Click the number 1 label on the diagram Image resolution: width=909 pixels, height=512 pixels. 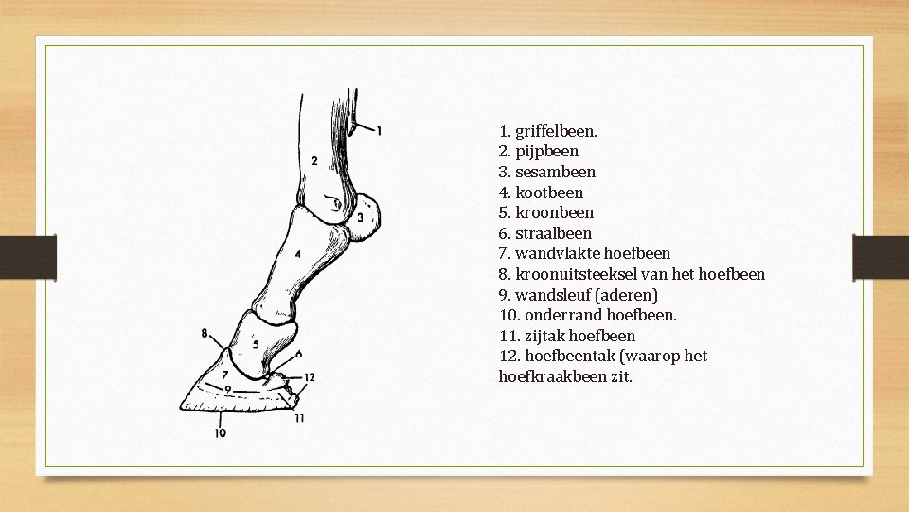pyautogui.click(x=379, y=131)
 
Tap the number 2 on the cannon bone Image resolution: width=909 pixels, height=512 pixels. pyautogui.click(x=314, y=161)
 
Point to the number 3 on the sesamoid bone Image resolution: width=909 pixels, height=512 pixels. pyautogui.click(x=360, y=218)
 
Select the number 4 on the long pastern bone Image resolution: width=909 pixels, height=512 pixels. pyautogui.click(x=297, y=254)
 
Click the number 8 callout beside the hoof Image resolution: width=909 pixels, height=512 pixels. pyautogui.click(x=205, y=333)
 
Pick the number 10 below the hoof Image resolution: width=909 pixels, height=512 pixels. pyautogui.click(x=220, y=433)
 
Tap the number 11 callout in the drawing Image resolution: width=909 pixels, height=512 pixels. pyautogui.click(x=299, y=418)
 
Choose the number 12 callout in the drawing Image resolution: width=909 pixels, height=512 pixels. pyautogui.click(x=310, y=377)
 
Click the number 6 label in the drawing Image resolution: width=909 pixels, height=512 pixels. pyautogui.click(x=299, y=354)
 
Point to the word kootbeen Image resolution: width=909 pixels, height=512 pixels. pyautogui.click(x=549, y=192)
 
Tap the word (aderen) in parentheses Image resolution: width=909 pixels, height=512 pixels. pyautogui.click(x=626, y=295)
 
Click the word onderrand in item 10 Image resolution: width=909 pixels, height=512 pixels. pyautogui.click(x=557, y=315)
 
